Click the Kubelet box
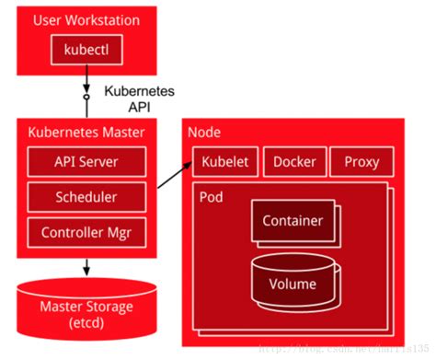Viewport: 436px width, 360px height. pos(224,162)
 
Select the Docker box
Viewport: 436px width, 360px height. pos(294,162)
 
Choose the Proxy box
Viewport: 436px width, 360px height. pos(361,162)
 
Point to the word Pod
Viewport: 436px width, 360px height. pos(211,197)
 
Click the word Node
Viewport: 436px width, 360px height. pos(203,133)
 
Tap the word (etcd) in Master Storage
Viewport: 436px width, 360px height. pos(85,324)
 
